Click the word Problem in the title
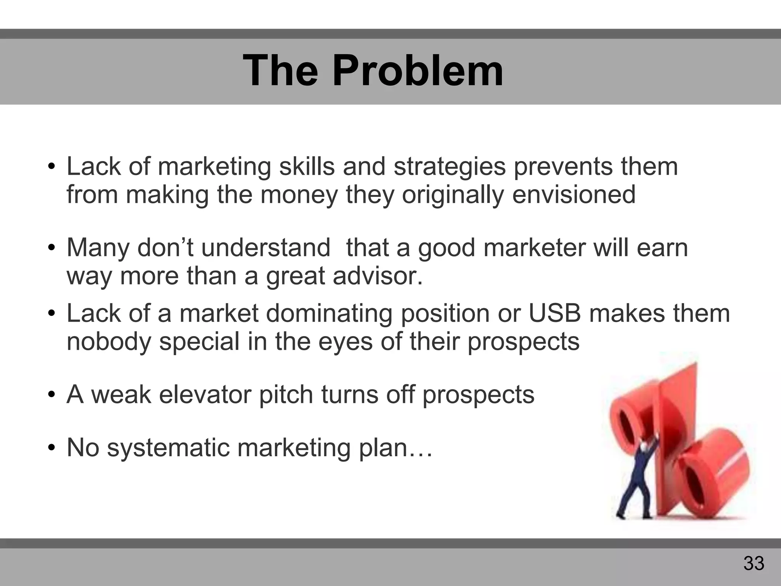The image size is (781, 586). [418, 71]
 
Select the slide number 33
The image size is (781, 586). [754, 563]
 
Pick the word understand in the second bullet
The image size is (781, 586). [265, 248]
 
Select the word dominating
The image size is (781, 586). [329, 314]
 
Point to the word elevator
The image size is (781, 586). [205, 394]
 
